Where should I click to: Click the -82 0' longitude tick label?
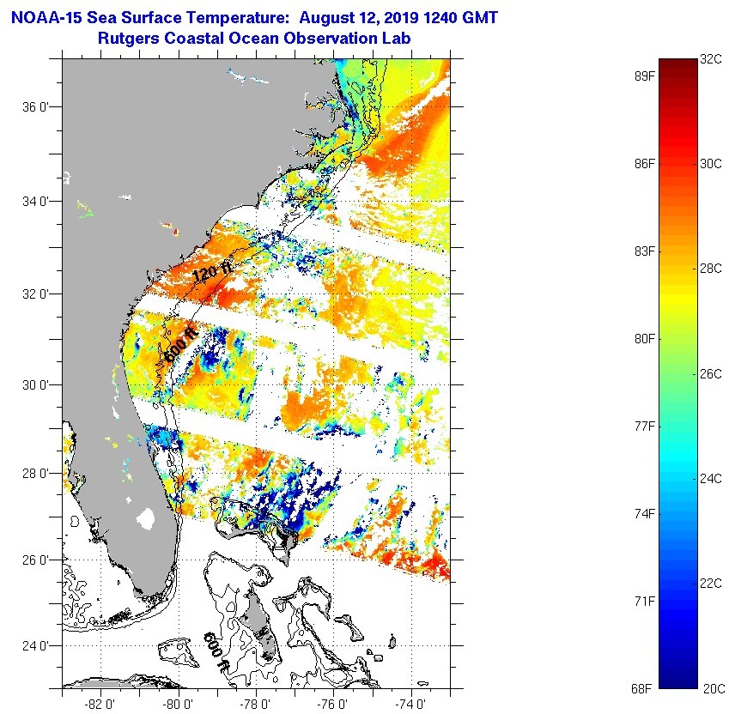click(101, 703)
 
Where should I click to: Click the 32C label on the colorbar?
click(711, 59)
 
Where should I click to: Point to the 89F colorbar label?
click(645, 76)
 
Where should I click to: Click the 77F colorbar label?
click(645, 426)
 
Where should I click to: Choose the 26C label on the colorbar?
click(711, 374)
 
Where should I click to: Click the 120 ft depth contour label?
click(212, 274)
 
